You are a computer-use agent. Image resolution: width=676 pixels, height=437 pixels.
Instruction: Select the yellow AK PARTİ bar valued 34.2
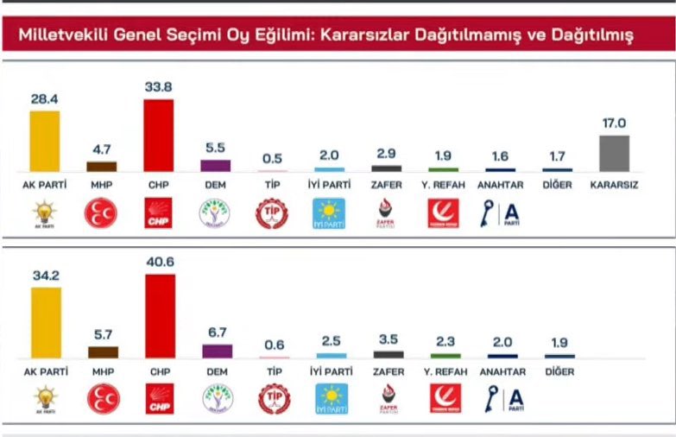coord(45,322)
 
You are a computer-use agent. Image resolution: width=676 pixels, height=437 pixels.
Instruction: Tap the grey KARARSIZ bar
coord(614,153)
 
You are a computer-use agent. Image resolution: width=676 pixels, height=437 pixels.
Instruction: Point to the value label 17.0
coord(614,123)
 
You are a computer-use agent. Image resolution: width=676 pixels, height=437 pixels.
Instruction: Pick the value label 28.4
coord(45,99)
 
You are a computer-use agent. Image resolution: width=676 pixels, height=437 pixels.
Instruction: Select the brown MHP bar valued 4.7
coord(102,167)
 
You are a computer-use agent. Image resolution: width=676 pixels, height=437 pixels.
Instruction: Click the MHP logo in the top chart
coord(101,213)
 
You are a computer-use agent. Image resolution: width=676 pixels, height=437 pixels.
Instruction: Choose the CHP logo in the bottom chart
coord(159,398)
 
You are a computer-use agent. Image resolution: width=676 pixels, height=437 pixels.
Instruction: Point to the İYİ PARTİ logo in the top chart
coord(329,213)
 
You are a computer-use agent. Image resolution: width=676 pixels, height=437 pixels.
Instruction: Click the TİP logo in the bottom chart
coord(273,398)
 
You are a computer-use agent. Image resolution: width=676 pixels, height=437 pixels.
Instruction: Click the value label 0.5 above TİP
coord(273,157)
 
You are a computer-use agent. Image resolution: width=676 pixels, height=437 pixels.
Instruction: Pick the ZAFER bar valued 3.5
coord(388,354)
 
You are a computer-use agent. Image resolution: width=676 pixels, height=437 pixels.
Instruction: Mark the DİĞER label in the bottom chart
coord(559,372)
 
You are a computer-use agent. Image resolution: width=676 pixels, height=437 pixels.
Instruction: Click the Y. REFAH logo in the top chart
coord(444,213)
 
